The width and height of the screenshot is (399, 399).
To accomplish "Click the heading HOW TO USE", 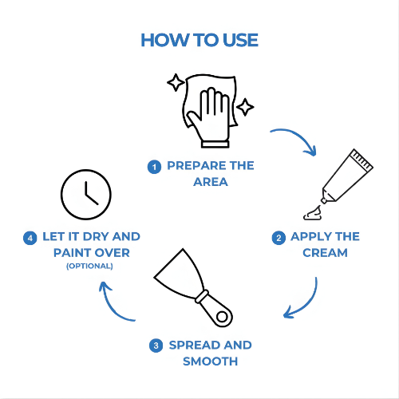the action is (199, 40).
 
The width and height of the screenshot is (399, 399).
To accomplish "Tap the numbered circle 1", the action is (154, 167).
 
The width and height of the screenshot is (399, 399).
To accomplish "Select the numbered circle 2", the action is (279, 238).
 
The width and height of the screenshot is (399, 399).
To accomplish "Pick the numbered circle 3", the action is (156, 346).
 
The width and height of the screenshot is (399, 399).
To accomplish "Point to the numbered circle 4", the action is (30, 238).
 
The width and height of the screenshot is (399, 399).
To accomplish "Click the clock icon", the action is (86, 195).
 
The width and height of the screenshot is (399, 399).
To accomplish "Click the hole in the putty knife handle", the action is (222, 317).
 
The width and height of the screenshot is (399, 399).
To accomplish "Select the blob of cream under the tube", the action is (313, 214).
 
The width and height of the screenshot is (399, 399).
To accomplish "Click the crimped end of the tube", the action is (361, 159).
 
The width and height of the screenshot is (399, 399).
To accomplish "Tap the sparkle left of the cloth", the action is (176, 82).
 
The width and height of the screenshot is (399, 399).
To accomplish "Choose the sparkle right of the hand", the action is (245, 107).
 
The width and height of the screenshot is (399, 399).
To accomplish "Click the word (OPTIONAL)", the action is (89, 266).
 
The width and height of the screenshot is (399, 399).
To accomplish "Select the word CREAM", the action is (325, 253).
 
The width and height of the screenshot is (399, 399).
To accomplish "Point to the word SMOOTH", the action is (211, 361).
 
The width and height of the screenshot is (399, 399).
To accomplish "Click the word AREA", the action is (211, 182).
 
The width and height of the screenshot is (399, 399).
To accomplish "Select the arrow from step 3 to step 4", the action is (112, 306).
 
